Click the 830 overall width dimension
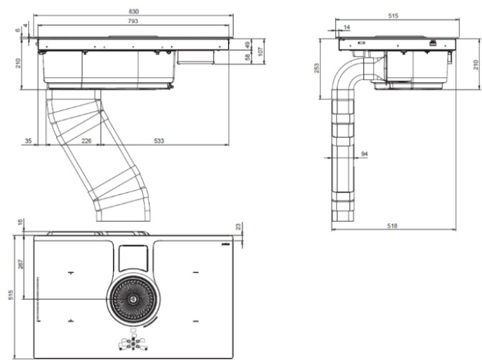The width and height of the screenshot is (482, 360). (133, 12)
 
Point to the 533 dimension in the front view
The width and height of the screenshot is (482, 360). (160, 141)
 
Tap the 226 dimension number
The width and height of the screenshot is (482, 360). (86, 141)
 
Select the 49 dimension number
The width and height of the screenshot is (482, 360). (247, 45)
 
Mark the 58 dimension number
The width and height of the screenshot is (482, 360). (247, 58)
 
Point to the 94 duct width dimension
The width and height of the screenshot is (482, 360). (364, 154)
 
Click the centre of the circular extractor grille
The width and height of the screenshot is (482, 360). (135, 299)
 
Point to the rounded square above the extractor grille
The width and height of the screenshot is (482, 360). (135, 255)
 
